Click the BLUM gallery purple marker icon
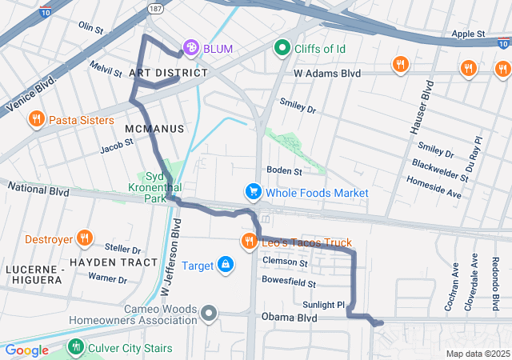tap(191, 49)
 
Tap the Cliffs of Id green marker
tap(282, 49)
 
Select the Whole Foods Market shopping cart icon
tap(253, 193)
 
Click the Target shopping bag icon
tap(226, 264)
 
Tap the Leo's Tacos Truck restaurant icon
tap(250, 242)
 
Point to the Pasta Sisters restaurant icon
tap(36, 120)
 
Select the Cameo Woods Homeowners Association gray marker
tap(210, 313)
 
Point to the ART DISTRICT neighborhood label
tap(168, 73)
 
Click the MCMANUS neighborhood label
tap(154, 128)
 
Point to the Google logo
tap(26, 350)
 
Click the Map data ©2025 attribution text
tap(477, 354)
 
